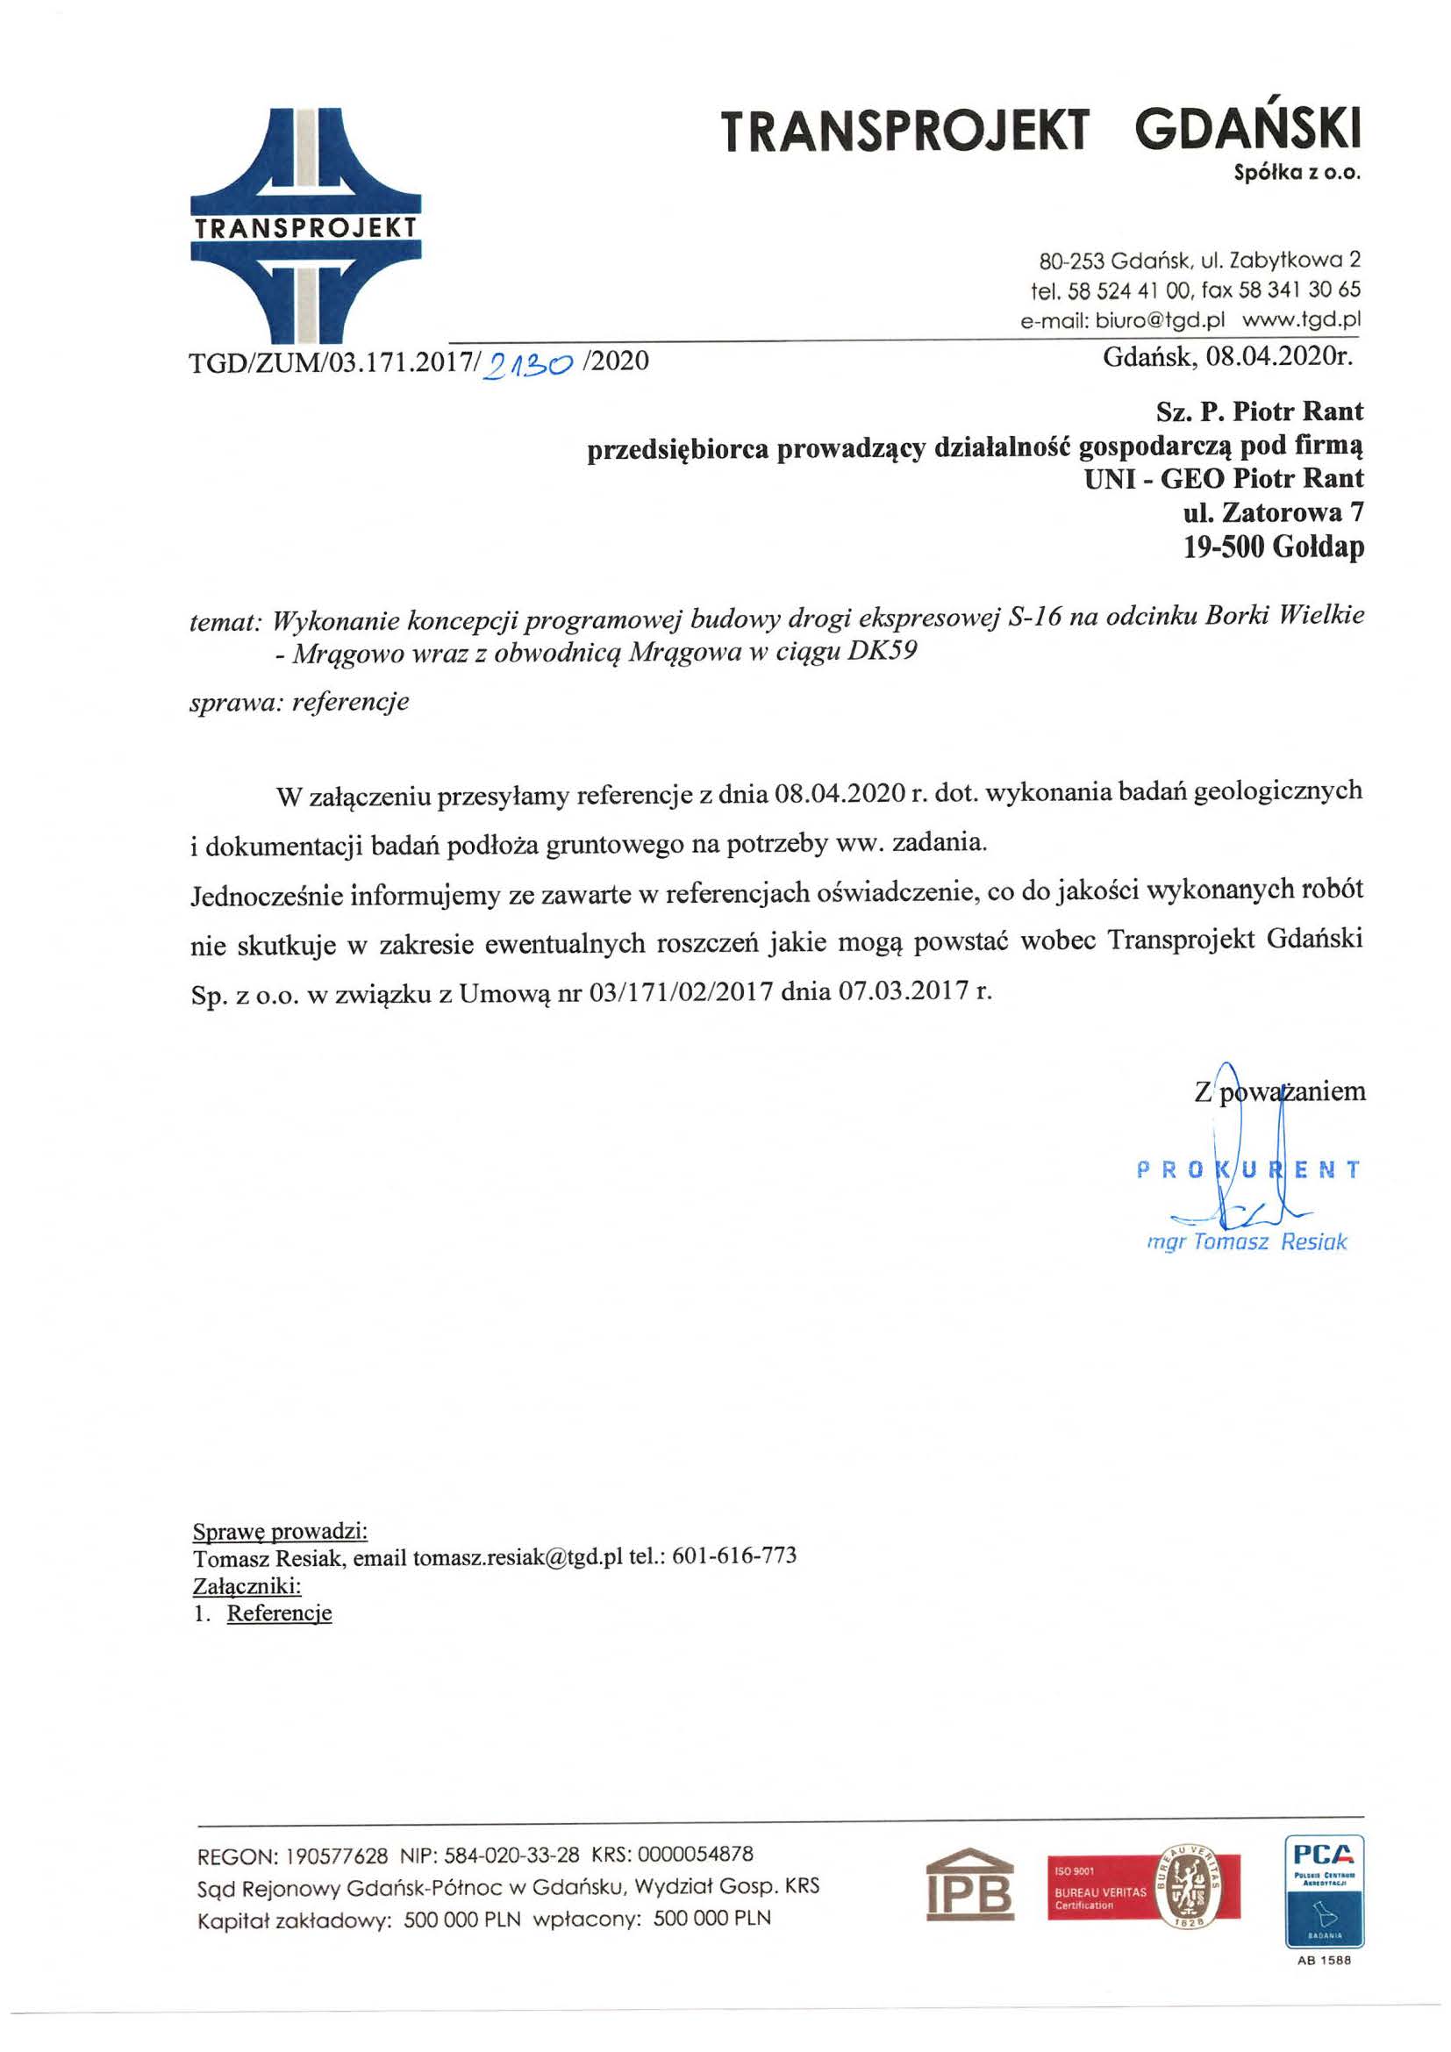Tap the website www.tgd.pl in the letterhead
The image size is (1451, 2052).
pyautogui.click(x=1302, y=319)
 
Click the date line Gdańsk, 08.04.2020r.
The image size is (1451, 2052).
pyautogui.click(x=1228, y=359)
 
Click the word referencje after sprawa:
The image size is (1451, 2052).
pyautogui.click(x=349, y=702)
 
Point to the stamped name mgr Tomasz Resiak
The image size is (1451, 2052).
pyautogui.click(x=1247, y=1241)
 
